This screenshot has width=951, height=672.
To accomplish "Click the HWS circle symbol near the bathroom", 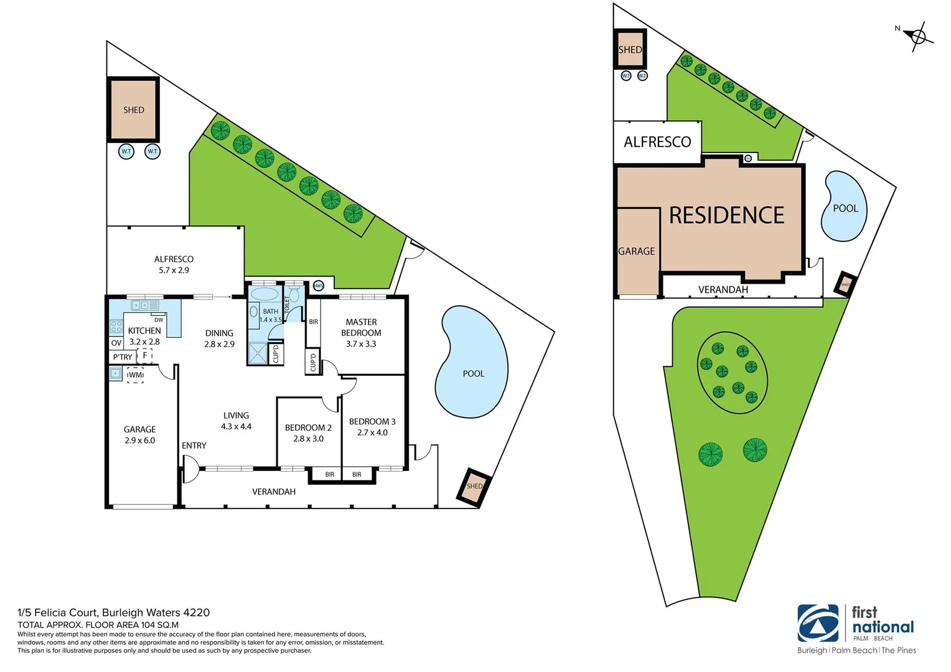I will tap(318, 286).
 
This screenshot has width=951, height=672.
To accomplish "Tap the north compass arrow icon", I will tap(917, 36).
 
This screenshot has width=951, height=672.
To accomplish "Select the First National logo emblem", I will tap(818, 623).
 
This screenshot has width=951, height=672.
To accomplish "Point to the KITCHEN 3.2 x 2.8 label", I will tap(144, 336).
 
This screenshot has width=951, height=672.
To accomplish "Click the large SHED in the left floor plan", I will tap(134, 110).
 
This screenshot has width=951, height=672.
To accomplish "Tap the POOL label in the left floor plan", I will tap(473, 373).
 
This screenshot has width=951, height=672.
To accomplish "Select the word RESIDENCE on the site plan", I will tap(726, 215).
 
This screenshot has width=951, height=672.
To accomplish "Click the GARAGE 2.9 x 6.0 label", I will tap(139, 434).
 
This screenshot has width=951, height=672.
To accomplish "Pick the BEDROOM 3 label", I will tap(372, 426).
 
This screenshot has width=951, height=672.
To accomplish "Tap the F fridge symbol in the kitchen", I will tap(145, 356).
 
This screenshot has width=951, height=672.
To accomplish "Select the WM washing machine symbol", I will tap(135, 375).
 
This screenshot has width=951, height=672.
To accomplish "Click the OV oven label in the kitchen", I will tap(116, 343).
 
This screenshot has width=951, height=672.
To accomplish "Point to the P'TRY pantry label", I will tap(123, 357).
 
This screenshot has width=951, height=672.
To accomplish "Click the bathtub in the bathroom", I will tap(265, 294).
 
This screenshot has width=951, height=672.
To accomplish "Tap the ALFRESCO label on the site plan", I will tap(657, 142).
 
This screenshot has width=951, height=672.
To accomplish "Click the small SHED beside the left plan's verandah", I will tap(474, 486).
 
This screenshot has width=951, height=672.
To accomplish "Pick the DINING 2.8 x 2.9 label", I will tap(219, 338).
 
